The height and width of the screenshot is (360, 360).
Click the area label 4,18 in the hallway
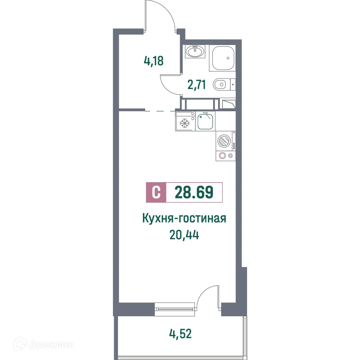point(154,60)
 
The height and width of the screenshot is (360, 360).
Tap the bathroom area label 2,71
point(196,85)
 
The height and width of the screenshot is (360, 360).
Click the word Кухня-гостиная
point(184,219)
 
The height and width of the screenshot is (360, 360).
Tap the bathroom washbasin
point(195,51)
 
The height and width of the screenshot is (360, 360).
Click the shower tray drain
point(228,58)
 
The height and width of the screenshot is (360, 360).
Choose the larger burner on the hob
point(222,156)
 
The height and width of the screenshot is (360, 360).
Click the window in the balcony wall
point(174,307)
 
